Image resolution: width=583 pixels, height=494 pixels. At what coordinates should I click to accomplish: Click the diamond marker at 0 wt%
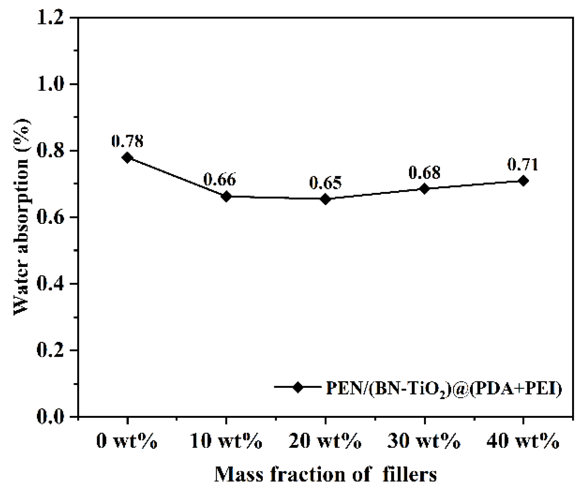point(127,158)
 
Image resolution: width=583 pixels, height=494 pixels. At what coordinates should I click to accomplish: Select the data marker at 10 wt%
point(226,196)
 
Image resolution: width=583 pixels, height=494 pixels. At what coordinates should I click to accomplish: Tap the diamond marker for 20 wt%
point(325,199)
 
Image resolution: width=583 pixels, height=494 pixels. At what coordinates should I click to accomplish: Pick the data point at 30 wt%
point(424,188)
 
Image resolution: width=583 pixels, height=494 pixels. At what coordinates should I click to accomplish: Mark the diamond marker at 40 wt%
point(523,181)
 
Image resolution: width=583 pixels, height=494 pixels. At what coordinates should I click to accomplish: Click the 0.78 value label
point(127,141)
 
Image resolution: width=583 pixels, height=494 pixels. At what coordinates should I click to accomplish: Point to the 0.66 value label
point(219,179)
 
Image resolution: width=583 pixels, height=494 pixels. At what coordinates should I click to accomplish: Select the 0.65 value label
point(325,183)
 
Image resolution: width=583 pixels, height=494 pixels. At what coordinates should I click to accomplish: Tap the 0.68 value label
point(424,172)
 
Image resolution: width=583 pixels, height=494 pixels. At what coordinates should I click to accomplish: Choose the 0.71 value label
point(523,164)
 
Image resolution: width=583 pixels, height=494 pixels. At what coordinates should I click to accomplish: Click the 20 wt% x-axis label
point(325,441)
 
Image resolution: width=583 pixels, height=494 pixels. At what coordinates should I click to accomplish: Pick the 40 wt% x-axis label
point(523,441)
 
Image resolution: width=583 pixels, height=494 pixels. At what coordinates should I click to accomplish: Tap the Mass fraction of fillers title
point(325,474)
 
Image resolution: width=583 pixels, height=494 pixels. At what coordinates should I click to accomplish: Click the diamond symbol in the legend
point(298,387)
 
